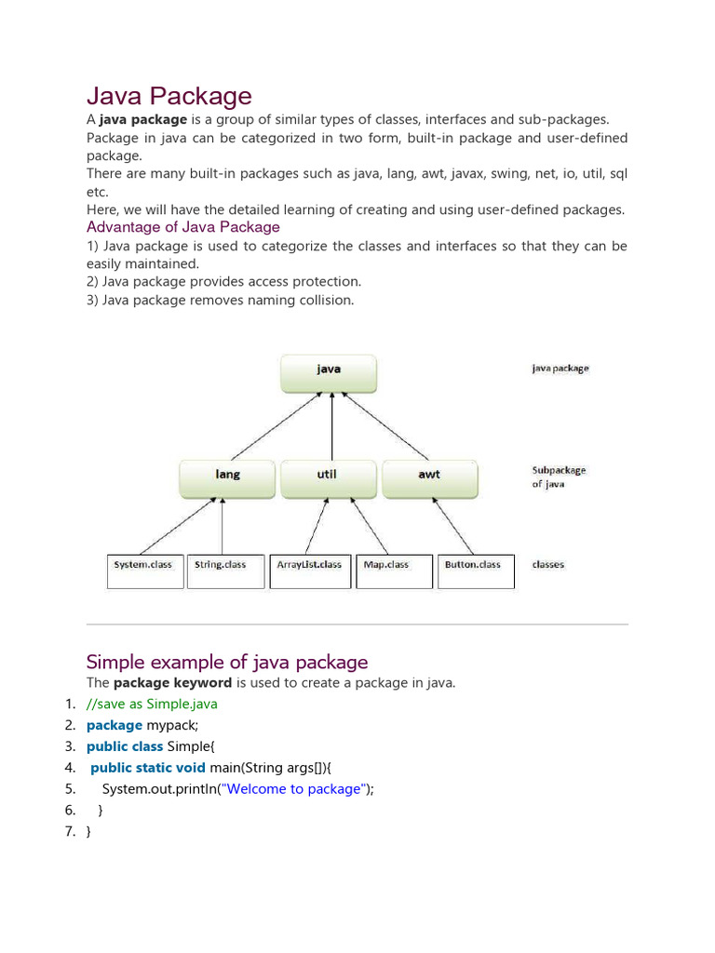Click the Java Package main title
[169, 96]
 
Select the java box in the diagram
[329, 372]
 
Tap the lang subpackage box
[227, 478]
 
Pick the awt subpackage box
[429, 478]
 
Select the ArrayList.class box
[309, 571]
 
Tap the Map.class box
[394, 571]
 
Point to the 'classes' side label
[548, 565]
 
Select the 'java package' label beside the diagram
[560, 369]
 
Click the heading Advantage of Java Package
[183, 227]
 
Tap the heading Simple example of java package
[227, 662]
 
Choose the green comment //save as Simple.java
[152, 704]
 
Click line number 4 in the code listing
[70, 768]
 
